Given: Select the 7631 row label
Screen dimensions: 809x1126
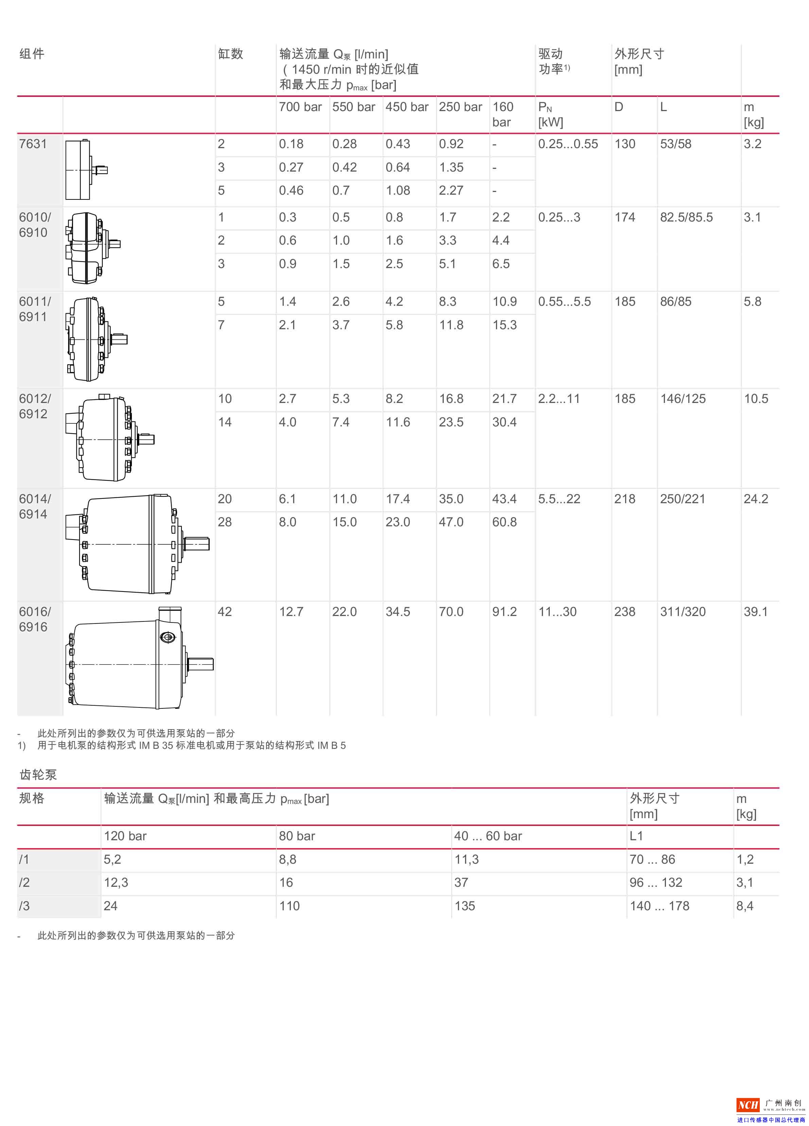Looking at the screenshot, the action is [33, 144].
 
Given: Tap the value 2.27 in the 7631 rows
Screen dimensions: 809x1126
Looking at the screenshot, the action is [451, 190].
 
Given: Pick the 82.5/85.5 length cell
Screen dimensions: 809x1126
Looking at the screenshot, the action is [686, 217].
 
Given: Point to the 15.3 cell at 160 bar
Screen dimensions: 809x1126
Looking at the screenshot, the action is [504, 325].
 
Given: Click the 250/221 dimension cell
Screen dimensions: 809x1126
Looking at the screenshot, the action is [682, 499].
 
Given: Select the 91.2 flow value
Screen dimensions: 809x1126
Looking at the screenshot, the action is [504, 612].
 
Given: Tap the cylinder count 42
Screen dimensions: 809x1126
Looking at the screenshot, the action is [225, 612].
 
